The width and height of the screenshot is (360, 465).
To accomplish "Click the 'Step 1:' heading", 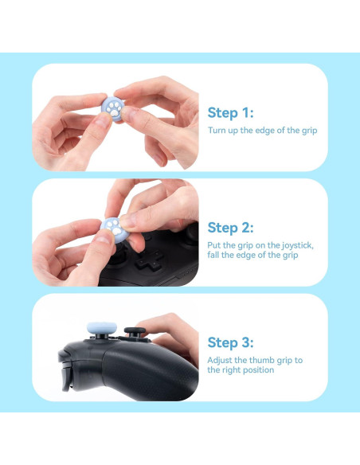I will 230,112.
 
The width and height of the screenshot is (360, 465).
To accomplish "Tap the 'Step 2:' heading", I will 231,228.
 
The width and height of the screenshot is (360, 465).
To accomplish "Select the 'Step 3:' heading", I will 231,342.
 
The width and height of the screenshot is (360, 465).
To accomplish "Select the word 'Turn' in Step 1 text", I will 217,130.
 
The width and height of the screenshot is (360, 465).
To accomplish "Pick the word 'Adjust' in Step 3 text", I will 221,360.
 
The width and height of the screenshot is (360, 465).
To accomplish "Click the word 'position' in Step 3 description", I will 256,369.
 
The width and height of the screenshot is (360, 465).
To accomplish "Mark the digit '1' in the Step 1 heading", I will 245,112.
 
